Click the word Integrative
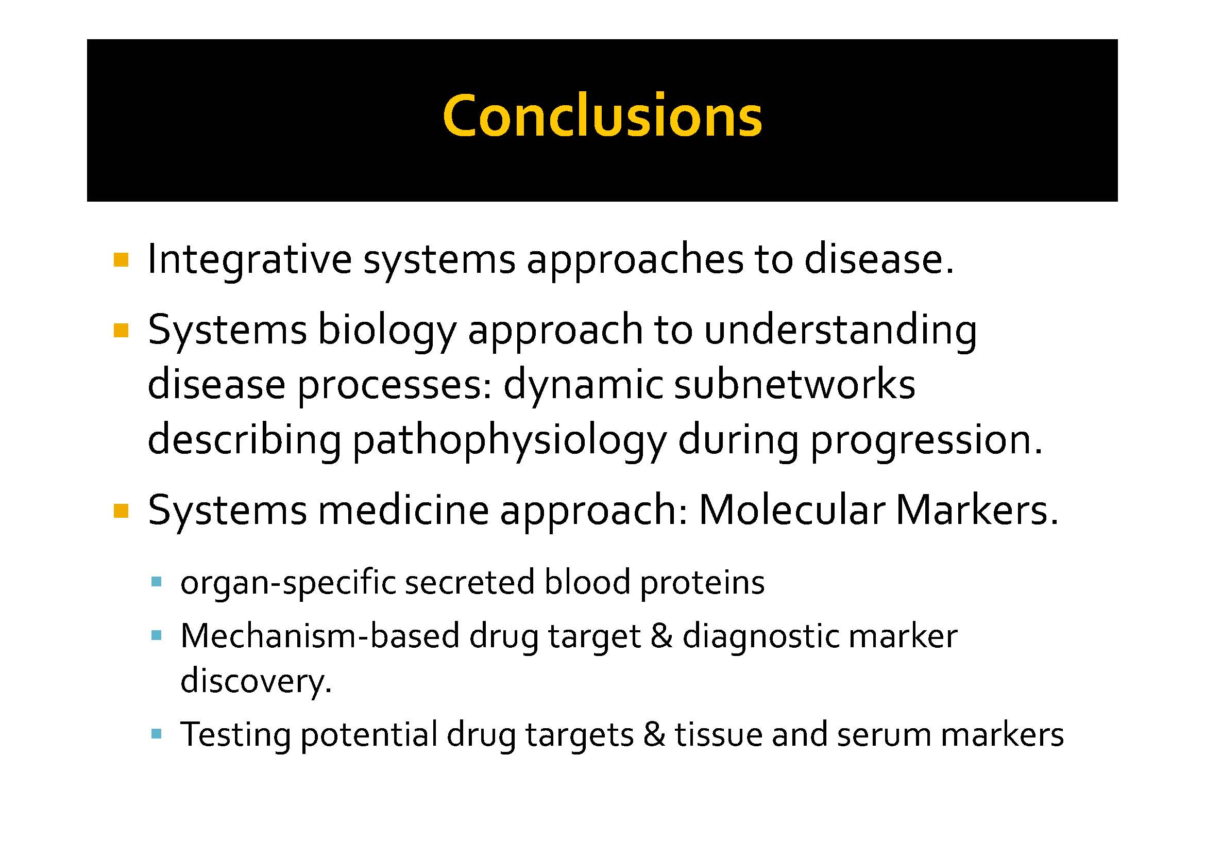tap(249, 259)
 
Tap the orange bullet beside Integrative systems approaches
tap(121, 260)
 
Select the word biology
tap(387, 331)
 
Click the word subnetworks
tap(794, 385)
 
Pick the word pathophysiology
tap(509, 440)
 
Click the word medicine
tap(403, 511)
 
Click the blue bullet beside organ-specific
tap(156, 582)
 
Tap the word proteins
tap(702, 584)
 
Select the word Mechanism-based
tap(319, 636)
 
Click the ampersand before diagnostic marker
tap(661, 636)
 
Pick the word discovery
tap(256, 681)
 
